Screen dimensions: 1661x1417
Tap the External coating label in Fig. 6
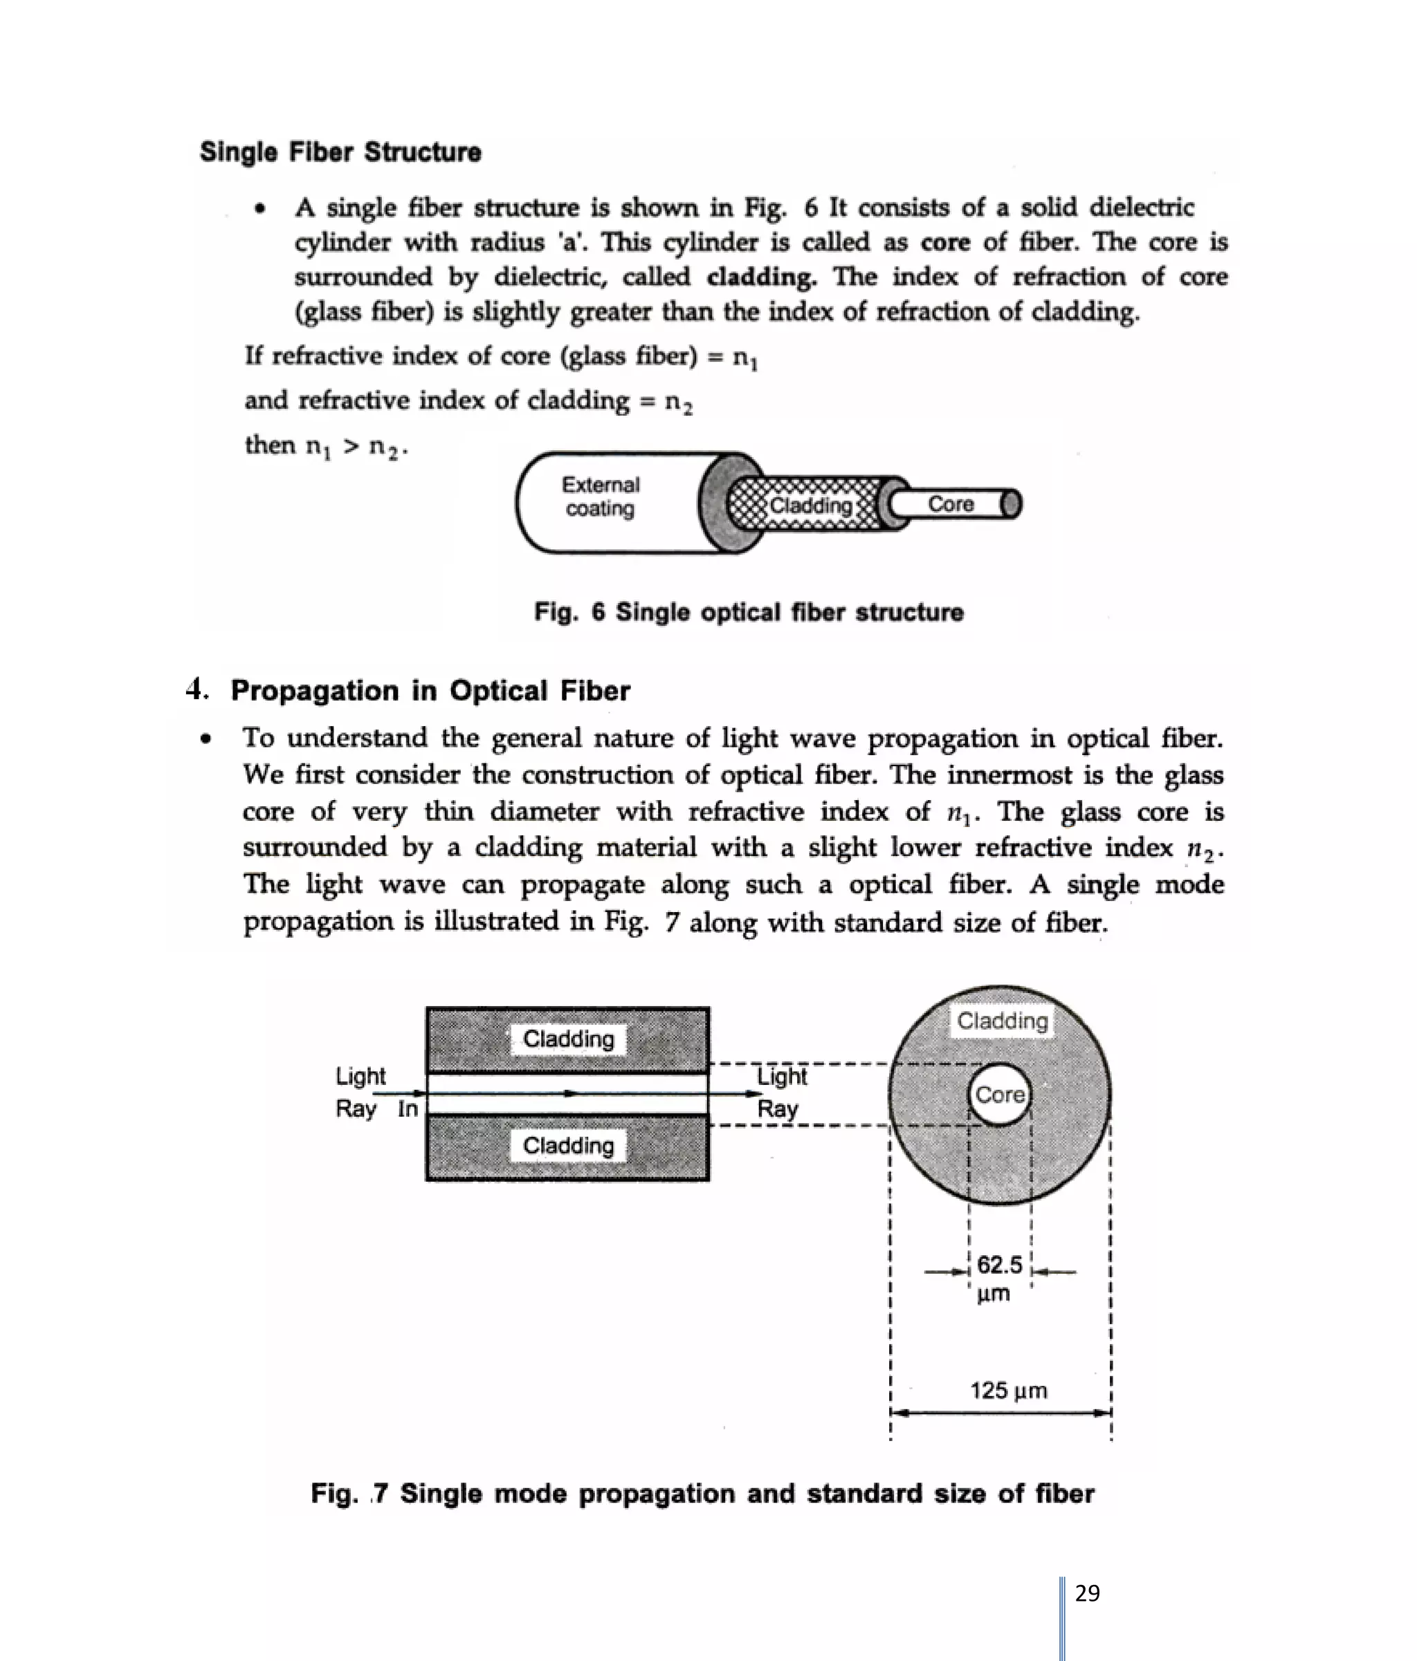point(600,497)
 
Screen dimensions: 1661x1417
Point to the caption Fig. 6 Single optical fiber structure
point(748,613)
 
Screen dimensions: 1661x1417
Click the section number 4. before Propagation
point(196,689)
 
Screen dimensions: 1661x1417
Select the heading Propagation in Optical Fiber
point(430,690)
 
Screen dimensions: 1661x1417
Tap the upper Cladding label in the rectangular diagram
point(568,1039)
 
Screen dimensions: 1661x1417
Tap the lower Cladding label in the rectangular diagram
point(568,1146)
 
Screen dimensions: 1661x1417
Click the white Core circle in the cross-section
point(999,1094)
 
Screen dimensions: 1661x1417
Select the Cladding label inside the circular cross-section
point(1002,1021)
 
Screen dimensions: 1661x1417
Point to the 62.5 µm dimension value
point(998,1278)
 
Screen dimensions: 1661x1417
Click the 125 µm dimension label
point(1008,1390)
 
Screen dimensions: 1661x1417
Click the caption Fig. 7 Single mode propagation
point(702,1494)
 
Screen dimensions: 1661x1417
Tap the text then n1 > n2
point(326,445)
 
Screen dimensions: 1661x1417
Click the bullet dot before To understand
point(206,739)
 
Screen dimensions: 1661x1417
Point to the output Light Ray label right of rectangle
point(780,1092)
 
